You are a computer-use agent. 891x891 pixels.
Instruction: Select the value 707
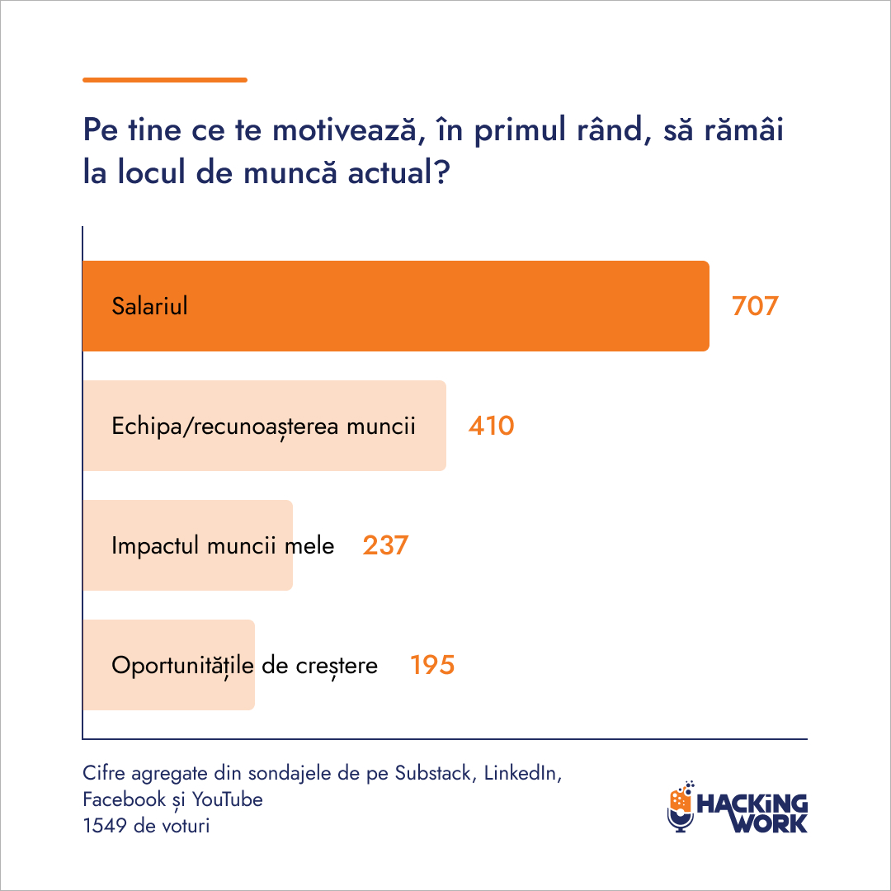coord(755,306)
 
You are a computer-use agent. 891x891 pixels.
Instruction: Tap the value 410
coord(491,426)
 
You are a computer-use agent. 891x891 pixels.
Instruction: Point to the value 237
coord(385,545)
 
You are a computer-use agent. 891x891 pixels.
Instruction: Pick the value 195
coord(432,665)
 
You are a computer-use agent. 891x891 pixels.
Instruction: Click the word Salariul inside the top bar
coord(149,306)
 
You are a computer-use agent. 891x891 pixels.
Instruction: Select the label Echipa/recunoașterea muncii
coord(263,427)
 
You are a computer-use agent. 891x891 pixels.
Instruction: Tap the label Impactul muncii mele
coord(223,546)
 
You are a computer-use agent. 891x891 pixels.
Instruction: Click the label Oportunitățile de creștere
coord(244,666)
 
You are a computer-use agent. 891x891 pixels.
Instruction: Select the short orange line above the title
coord(165,80)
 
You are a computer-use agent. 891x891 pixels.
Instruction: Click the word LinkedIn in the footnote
coord(523,774)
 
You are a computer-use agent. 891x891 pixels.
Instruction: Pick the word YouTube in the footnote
coord(229,799)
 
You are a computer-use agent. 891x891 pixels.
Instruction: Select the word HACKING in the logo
coord(752,802)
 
